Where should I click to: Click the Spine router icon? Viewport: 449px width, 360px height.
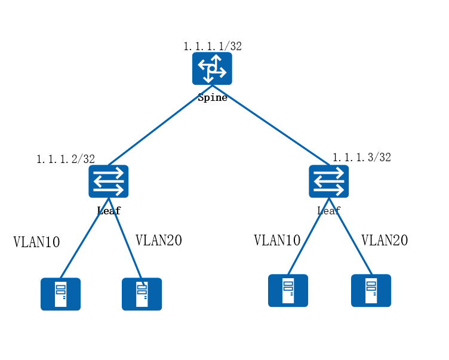pyautogui.click(x=212, y=69)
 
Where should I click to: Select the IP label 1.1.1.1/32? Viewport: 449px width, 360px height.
pyautogui.click(x=213, y=46)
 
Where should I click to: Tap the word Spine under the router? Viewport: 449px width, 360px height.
pyautogui.click(x=213, y=97)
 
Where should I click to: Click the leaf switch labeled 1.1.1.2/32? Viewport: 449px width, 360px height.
pyautogui.click(x=109, y=181)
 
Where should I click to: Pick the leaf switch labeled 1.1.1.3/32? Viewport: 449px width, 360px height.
pyautogui.click(x=328, y=181)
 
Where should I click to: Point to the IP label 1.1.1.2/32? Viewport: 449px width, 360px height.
pyautogui.click(x=66, y=159)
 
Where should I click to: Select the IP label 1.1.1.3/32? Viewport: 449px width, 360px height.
pyautogui.click(x=362, y=158)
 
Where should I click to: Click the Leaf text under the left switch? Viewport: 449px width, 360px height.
pyautogui.click(x=109, y=211)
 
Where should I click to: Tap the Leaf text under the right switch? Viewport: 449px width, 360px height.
pyautogui.click(x=328, y=210)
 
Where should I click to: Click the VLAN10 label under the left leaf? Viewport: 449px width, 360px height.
pyautogui.click(x=37, y=242)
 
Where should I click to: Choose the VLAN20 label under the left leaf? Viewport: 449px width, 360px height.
pyautogui.click(x=159, y=241)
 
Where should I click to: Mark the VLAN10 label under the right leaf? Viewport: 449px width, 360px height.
pyautogui.click(x=277, y=241)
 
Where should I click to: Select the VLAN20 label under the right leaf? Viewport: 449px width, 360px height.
pyautogui.click(x=385, y=241)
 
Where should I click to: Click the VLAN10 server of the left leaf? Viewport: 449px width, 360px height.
pyautogui.click(x=60, y=294)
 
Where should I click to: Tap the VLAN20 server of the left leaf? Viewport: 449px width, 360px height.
pyautogui.click(x=142, y=294)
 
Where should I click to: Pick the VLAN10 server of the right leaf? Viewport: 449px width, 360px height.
pyautogui.click(x=288, y=290)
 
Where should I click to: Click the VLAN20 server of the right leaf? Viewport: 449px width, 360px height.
pyautogui.click(x=371, y=290)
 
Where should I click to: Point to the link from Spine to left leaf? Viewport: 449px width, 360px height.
pyautogui.click(x=158, y=127)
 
